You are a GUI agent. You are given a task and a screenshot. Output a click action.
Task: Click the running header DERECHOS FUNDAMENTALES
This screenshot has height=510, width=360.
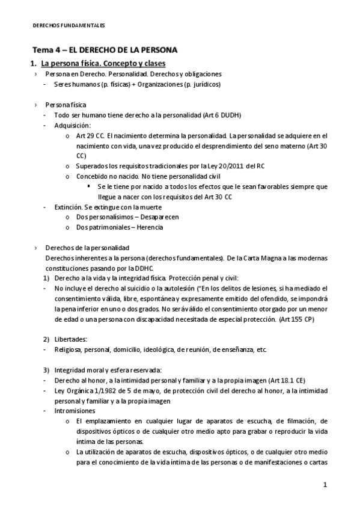68,26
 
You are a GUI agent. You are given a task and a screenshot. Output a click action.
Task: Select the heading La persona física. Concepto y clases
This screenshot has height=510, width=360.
103,63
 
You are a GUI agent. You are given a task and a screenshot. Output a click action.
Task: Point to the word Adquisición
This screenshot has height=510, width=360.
72,125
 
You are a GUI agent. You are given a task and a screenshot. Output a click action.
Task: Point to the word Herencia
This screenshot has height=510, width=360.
148,227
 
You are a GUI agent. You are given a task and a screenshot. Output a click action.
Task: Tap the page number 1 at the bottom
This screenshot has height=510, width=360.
325,484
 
